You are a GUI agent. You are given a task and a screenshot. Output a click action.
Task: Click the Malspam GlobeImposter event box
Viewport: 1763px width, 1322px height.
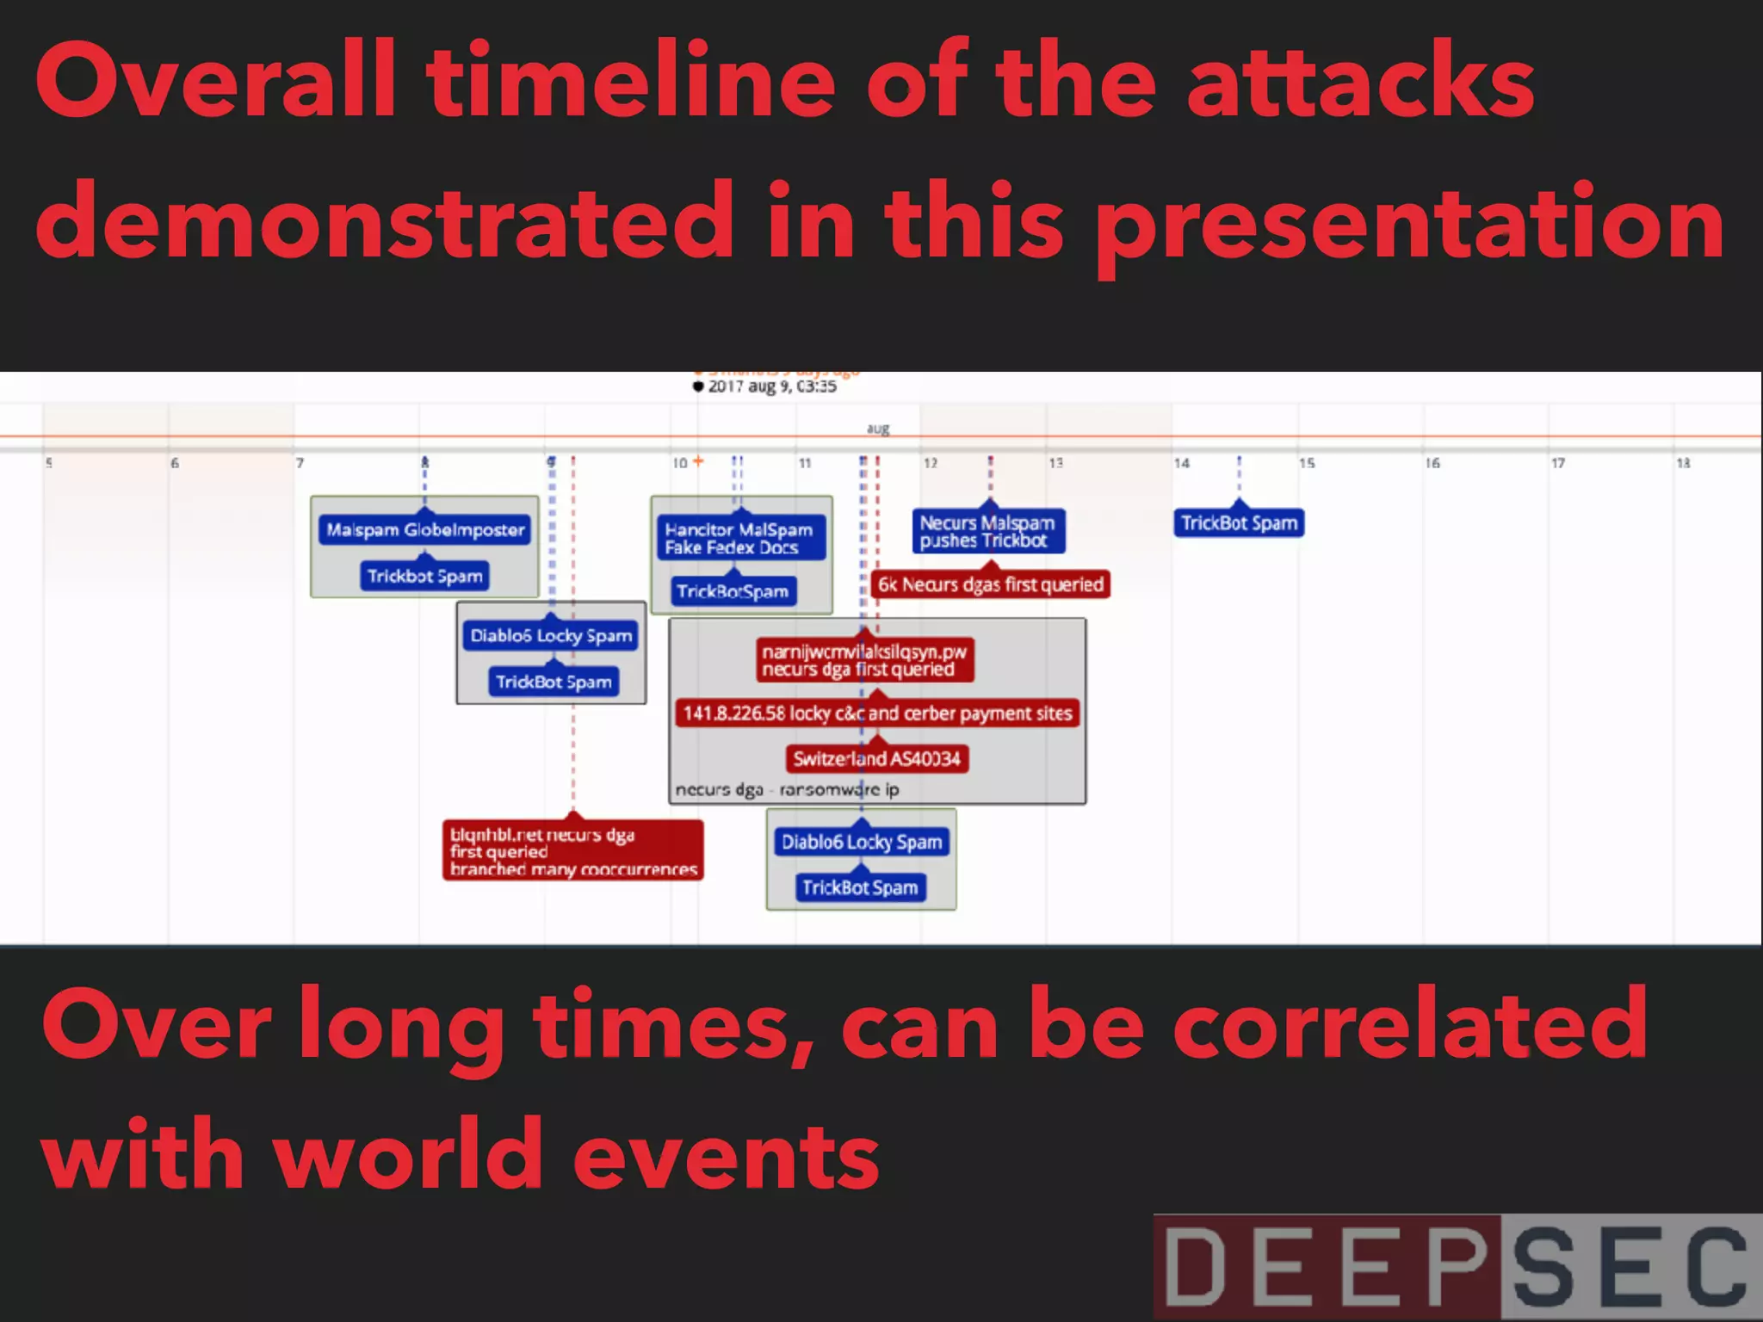click(x=425, y=529)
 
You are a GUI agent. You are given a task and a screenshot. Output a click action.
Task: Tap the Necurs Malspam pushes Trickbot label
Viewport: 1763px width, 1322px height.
click(x=988, y=531)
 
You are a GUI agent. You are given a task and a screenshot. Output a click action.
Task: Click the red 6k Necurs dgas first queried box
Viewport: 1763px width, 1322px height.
click(x=990, y=584)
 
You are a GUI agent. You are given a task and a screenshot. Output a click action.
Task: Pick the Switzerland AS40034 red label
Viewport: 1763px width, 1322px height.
click(x=876, y=758)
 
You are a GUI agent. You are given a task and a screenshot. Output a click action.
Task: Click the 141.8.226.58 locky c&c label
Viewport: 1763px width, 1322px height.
click(x=876, y=713)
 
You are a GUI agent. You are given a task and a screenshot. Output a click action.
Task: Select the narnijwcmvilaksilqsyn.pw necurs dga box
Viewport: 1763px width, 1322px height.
click(x=864, y=660)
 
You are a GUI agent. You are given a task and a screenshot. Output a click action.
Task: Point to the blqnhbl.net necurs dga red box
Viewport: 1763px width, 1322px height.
click(x=572, y=850)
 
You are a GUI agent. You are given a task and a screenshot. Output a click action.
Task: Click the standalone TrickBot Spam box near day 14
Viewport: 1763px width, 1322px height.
click(x=1239, y=522)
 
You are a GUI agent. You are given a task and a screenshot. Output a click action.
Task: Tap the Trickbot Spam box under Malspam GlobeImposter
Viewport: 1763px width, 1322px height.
click(x=424, y=576)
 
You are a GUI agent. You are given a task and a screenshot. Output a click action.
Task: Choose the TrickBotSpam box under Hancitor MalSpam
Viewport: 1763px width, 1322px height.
click(x=733, y=591)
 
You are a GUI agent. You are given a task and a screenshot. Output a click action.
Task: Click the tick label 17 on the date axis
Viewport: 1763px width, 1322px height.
click(x=1557, y=463)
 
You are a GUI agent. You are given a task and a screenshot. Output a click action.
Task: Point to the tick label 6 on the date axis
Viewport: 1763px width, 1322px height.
click(x=175, y=463)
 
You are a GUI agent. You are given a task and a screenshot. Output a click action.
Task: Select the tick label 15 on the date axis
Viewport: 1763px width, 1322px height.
click(x=1307, y=463)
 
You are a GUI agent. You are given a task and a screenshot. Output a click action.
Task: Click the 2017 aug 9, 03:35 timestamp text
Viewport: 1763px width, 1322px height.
click(x=771, y=386)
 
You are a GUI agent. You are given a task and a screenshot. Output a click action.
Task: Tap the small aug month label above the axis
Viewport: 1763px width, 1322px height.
click(x=877, y=429)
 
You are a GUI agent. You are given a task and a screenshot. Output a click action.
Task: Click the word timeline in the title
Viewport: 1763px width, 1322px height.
click(x=631, y=82)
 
